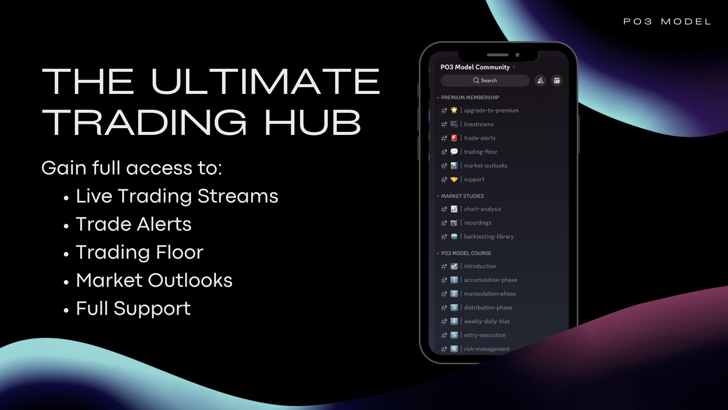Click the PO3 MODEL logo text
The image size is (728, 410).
667,22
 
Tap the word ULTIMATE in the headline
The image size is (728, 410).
265,81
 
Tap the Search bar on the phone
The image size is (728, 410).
485,81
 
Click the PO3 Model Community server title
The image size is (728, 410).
475,67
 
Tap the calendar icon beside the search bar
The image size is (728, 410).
557,81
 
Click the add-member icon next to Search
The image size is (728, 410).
540,81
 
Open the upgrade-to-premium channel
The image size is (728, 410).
491,110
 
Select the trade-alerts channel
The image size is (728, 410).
480,138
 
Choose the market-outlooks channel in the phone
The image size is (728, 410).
485,166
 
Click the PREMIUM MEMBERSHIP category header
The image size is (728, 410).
470,98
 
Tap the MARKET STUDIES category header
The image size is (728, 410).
462,196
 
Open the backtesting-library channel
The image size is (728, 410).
489,237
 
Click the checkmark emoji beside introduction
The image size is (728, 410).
454,266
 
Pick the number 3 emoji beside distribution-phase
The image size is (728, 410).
454,307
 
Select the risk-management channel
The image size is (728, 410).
487,349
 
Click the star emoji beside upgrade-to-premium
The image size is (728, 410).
454,110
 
